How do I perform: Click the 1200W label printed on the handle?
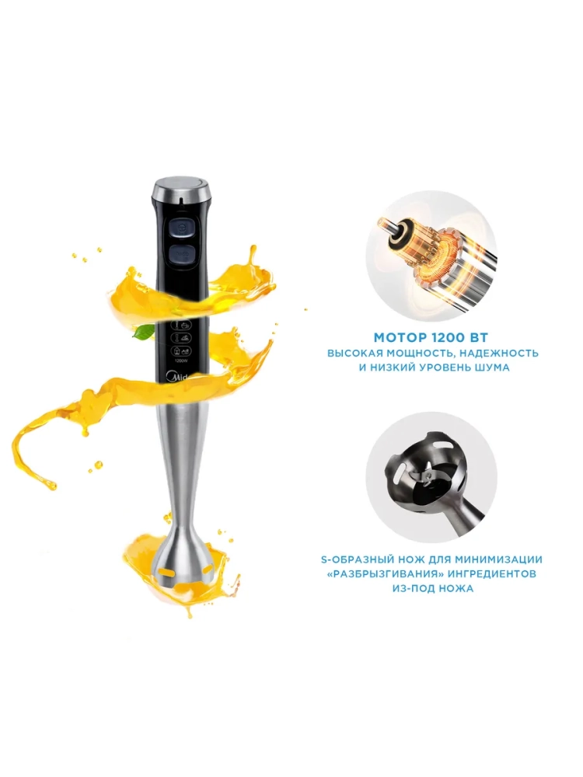[182, 361]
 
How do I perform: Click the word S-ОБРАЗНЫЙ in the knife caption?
[357, 559]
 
